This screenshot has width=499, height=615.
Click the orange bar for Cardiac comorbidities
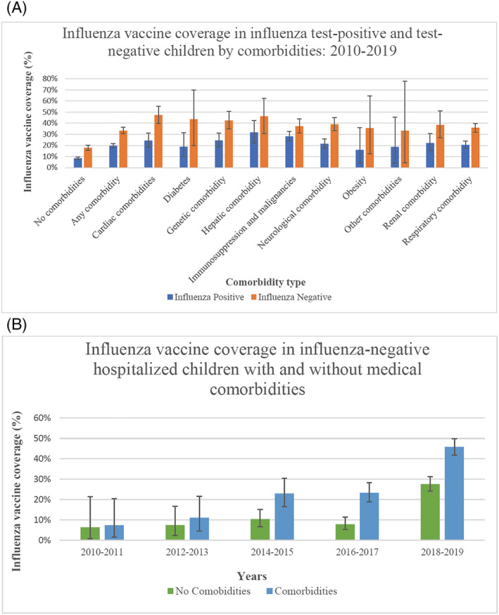[x=158, y=141]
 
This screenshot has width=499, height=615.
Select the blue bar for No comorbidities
[x=77, y=163]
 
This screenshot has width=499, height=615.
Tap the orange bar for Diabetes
[x=194, y=143]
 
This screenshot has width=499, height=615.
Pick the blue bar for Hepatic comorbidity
[x=254, y=150]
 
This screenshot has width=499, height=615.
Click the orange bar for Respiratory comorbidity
[x=476, y=148]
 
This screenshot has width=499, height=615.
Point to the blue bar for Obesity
[x=360, y=159]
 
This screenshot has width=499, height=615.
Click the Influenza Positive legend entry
[x=206, y=297]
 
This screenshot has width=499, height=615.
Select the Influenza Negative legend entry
[x=291, y=297]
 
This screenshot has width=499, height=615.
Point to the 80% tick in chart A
[x=50, y=79]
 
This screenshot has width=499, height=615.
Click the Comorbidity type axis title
[x=265, y=283]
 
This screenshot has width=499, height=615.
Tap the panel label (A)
[x=16, y=8]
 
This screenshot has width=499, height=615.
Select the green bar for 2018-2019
[x=430, y=512]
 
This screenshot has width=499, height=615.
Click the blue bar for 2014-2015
[x=284, y=517]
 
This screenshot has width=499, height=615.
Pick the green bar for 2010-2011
[x=90, y=533]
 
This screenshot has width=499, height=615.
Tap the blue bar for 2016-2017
[x=369, y=517]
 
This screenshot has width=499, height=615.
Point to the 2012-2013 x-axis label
[x=187, y=552]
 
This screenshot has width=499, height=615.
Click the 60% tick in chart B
[x=42, y=418]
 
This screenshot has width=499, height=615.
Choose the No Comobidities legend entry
[x=209, y=591]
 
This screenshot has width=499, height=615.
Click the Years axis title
[x=252, y=576]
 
